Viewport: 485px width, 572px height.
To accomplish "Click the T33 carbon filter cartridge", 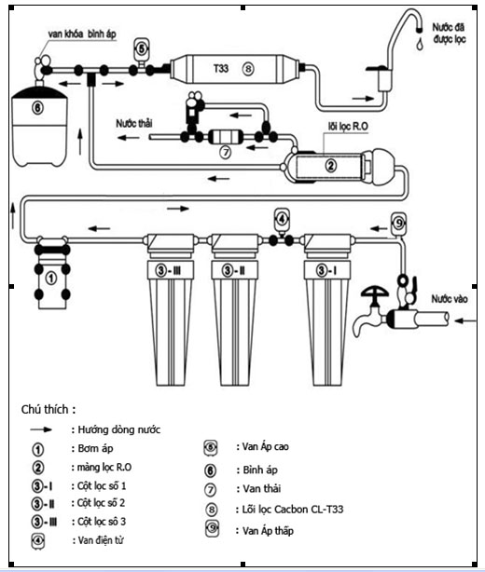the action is (236, 69).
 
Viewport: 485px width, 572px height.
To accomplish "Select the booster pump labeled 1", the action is (52, 273).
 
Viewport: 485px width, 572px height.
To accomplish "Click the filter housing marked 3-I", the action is (327, 309).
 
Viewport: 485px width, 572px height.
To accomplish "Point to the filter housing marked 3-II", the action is (234, 309).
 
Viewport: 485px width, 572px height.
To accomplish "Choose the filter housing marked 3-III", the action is (170, 309).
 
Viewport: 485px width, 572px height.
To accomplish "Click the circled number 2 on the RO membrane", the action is (330, 166).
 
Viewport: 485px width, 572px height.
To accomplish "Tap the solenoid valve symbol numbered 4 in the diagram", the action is (282, 219).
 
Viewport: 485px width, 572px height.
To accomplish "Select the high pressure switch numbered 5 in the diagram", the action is (141, 48).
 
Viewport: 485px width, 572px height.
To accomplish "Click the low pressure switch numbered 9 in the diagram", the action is (398, 223).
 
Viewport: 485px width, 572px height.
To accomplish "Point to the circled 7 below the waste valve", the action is (226, 152).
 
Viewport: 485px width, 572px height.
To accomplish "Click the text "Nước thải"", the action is (134, 124).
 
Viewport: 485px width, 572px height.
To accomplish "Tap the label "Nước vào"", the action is (450, 299).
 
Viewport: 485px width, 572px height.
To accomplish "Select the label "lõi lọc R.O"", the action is (348, 127).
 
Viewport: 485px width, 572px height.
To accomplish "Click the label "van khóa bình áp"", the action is (82, 34).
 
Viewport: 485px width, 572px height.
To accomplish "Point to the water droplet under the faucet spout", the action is (420, 44).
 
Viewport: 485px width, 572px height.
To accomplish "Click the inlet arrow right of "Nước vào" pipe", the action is (464, 321).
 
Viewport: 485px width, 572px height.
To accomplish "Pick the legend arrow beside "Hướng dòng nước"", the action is (41, 429).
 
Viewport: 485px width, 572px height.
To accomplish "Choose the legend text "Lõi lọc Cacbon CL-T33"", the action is (293, 510).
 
